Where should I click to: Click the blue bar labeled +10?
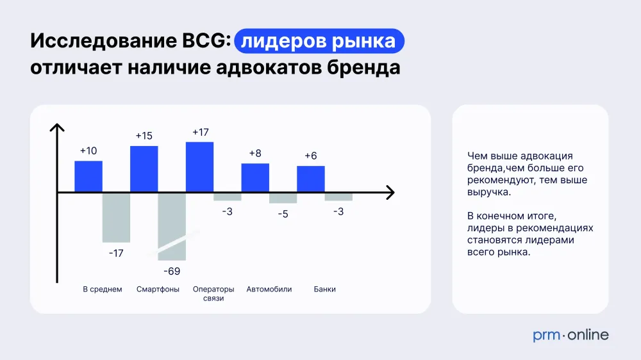[x=88, y=176]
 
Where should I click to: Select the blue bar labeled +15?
[x=144, y=168]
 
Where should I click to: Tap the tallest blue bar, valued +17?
[x=199, y=167]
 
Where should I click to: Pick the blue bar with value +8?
[x=255, y=177]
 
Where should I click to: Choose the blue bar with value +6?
[x=311, y=179]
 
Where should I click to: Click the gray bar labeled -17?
[x=116, y=218]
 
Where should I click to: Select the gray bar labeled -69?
[x=172, y=227]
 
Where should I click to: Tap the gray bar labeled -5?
[x=283, y=198]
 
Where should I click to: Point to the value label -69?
[x=172, y=272]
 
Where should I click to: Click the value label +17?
[x=200, y=133]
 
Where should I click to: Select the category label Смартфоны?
[x=158, y=290]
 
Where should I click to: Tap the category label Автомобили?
[x=269, y=290]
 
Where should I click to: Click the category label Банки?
[x=324, y=290]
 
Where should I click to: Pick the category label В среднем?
[x=102, y=290]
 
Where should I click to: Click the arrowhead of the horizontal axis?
[x=391, y=192]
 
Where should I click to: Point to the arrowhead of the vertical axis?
[x=57, y=127]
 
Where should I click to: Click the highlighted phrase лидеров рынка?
[x=319, y=41]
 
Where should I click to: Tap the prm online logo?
[x=570, y=336]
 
